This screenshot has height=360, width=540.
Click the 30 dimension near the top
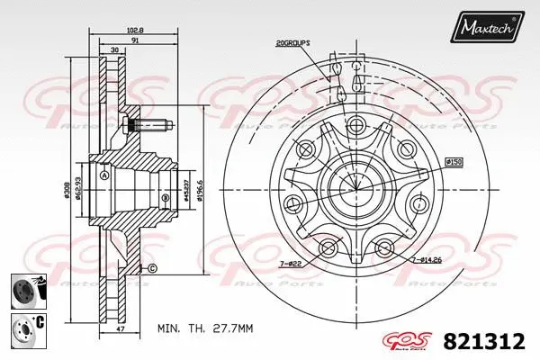pyautogui.click(x=114, y=50)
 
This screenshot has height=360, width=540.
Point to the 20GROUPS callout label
pyautogui.click(x=294, y=41)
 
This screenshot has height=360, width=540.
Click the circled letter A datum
pyautogui.click(x=105, y=175)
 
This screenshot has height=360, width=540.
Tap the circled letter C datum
pyautogui.click(x=152, y=269)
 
